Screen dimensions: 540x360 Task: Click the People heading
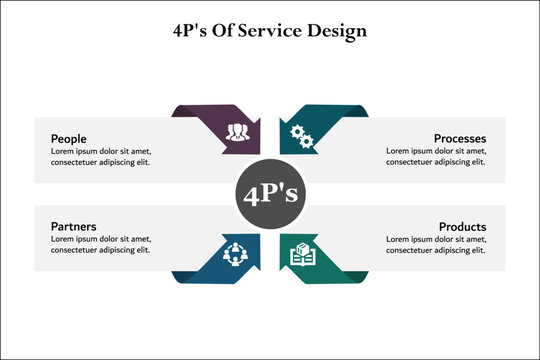point(68,138)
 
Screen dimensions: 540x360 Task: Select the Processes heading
point(460,138)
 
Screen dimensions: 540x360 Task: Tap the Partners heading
point(73,226)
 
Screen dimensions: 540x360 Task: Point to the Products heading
point(462,227)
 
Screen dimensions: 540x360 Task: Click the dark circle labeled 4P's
point(270,193)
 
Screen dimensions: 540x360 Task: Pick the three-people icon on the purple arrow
point(236,131)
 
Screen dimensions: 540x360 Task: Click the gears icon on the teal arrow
point(300,133)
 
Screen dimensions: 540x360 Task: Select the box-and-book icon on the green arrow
point(302,255)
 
